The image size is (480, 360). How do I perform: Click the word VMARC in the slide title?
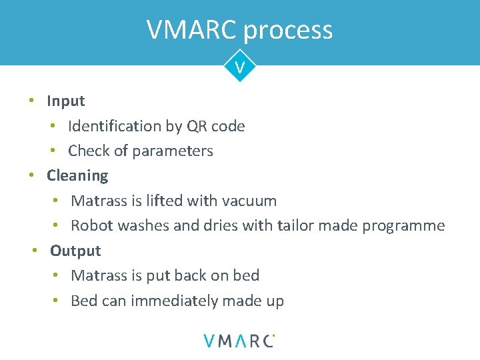point(191,30)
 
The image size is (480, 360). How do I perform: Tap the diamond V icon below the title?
point(239,67)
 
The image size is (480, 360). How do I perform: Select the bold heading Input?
point(65,101)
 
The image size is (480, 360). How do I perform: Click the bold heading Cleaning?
point(77,176)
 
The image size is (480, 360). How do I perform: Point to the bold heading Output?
point(75,251)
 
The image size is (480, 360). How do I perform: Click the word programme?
point(403,227)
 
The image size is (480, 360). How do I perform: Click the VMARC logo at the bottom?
point(239,340)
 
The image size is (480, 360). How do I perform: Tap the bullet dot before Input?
point(31,101)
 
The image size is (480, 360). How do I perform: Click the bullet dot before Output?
point(35,251)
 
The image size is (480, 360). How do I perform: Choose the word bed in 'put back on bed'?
point(245,276)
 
